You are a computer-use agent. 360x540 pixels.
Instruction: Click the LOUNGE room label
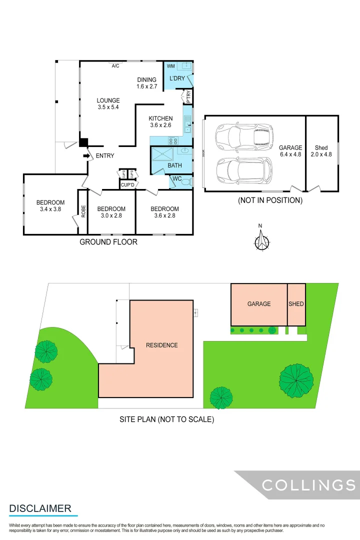click(108, 100)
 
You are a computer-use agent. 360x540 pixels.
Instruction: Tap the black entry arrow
click(86, 156)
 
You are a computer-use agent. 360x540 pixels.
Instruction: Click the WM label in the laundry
click(170, 66)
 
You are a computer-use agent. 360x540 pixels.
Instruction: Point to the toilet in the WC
click(186, 181)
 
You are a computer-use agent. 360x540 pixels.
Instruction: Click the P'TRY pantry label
click(188, 96)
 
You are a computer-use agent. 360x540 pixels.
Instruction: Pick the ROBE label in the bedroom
click(83, 210)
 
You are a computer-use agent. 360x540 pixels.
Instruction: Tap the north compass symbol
click(262, 241)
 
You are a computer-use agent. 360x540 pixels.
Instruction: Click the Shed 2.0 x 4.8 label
click(321, 151)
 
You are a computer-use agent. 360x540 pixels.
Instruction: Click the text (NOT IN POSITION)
click(270, 200)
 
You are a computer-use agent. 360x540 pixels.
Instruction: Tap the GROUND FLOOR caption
click(108, 242)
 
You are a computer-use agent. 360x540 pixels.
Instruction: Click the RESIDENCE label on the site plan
click(161, 345)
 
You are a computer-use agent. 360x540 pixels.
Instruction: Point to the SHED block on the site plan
click(296, 304)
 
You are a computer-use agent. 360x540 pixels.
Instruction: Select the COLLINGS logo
click(308, 484)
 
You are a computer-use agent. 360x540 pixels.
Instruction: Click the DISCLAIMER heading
click(40, 508)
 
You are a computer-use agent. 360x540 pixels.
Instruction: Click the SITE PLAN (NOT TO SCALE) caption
click(166, 419)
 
